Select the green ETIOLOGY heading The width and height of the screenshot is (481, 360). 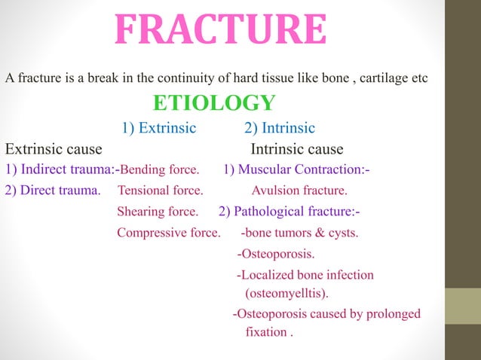click(x=214, y=102)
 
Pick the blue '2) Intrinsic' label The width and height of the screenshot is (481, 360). click(x=279, y=127)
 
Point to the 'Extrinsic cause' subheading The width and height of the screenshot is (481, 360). click(x=54, y=149)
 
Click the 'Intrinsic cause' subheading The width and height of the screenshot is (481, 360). click(x=296, y=149)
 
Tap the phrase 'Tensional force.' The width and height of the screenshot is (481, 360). click(x=155, y=190)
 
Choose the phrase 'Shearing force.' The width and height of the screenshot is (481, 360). click(x=158, y=211)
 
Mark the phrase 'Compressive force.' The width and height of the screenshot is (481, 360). click(x=168, y=232)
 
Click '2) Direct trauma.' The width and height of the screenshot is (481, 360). click(x=53, y=190)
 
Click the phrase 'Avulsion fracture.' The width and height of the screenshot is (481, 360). click(x=299, y=190)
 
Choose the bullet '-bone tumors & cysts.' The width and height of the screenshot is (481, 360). click(x=299, y=232)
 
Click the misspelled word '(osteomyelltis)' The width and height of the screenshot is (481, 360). click(x=287, y=291)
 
